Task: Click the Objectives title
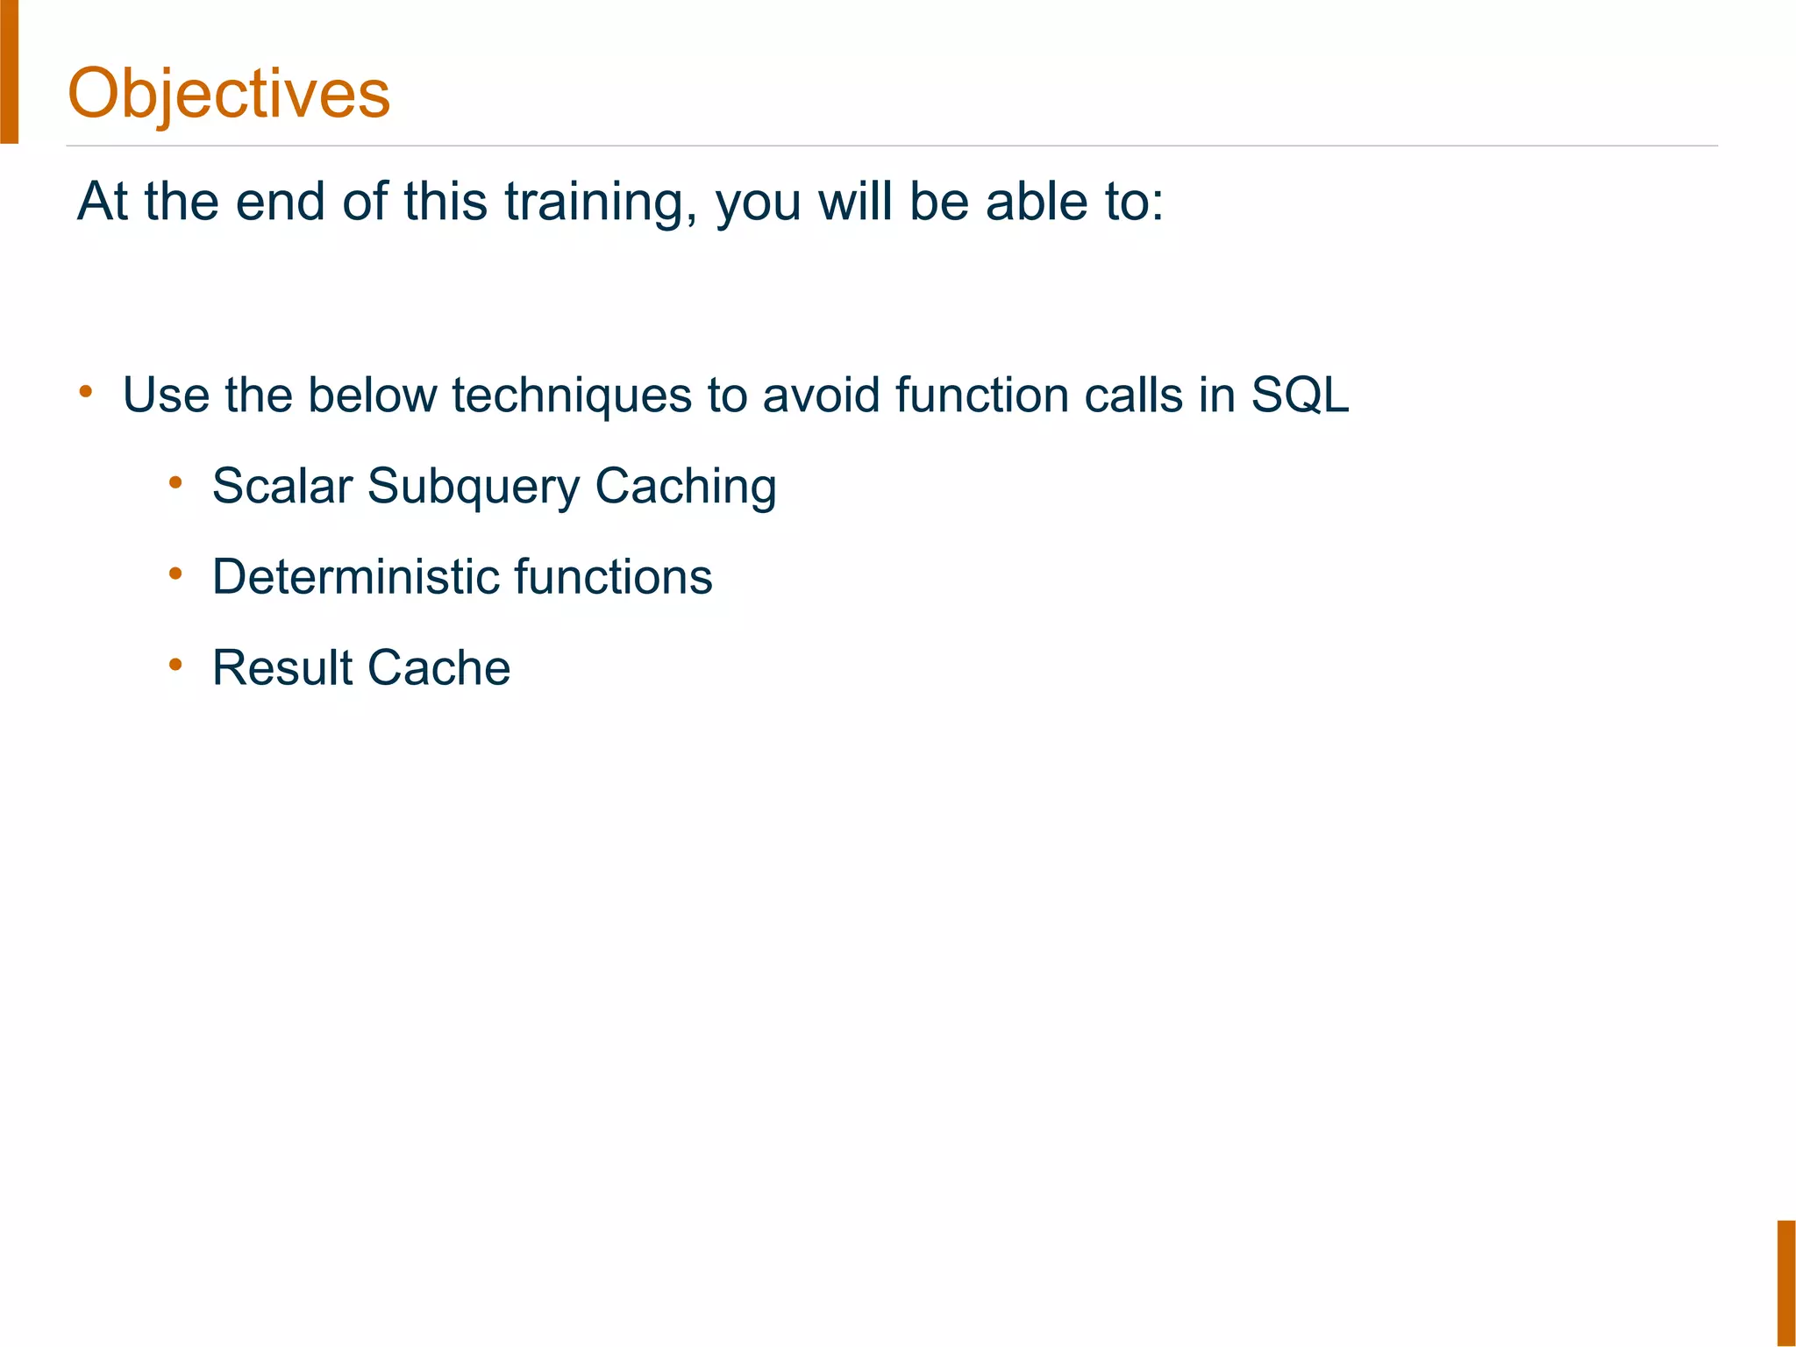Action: [229, 93]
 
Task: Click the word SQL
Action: [1300, 396]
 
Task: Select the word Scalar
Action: [282, 486]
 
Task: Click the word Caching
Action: [686, 488]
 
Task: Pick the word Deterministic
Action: [355, 577]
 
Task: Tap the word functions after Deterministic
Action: [613, 577]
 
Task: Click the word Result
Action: [282, 668]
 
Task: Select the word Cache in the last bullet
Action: [438, 668]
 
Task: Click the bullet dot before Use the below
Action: [85, 391]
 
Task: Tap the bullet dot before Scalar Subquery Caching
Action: [175, 481]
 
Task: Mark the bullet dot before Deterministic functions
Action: [175, 573]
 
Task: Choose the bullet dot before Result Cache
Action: [175, 664]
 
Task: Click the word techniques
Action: [572, 396]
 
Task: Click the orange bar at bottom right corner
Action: [1785, 1282]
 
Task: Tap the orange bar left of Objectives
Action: [9, 70]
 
